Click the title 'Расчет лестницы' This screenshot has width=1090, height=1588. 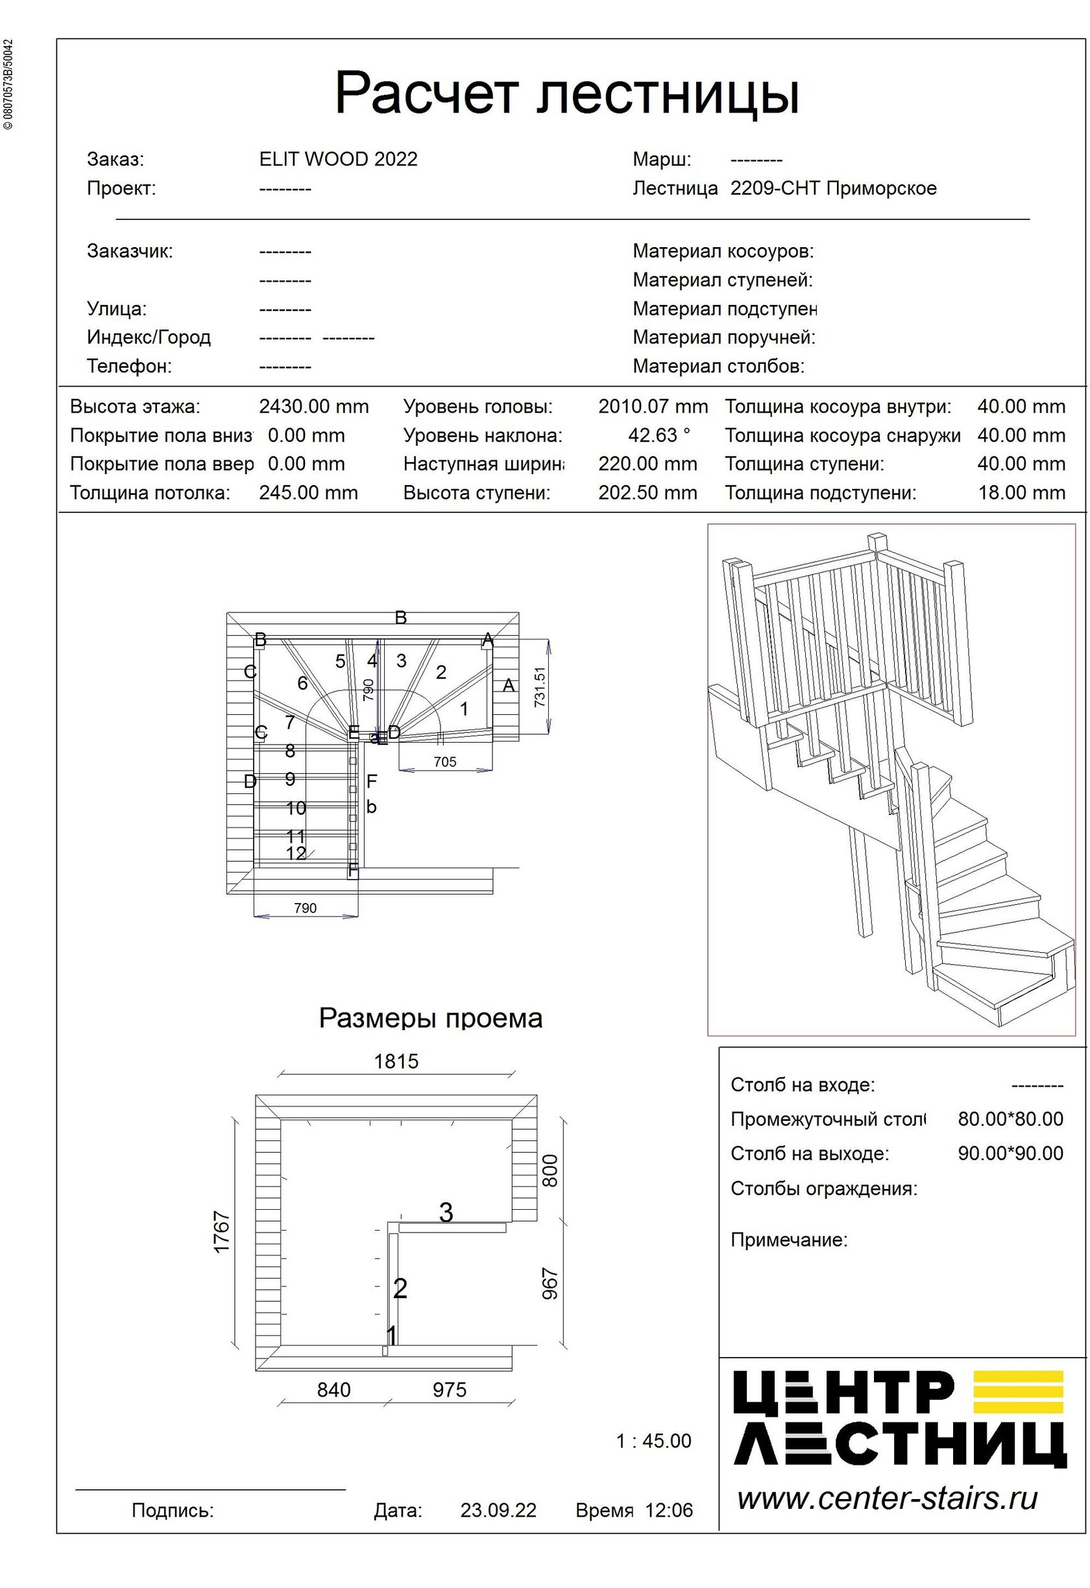click(x=566, y=93)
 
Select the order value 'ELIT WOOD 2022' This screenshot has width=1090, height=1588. click(x=338, y=159)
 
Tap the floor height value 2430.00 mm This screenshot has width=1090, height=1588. click(x=313, y=407)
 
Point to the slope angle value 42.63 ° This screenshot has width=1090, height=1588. click(x=659, y=435)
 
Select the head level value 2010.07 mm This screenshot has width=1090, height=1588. click(x=653, y=407)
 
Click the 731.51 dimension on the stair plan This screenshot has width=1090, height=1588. click(x=540, y=686)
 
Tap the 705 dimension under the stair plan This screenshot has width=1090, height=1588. click(x=445, y=762)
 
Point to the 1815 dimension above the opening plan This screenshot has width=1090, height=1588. click(x=396, y=1061)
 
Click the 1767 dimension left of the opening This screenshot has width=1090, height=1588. click(x=222, y=1232)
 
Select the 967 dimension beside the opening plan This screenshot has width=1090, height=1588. click(x=550, y=1284)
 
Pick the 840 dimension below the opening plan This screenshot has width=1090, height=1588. click(x=334, y=1390)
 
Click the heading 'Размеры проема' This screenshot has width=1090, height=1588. click(x=431, y=1019)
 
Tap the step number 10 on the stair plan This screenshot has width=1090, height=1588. click(x=296, y=808)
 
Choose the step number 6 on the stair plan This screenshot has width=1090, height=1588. click(x=303, y=683)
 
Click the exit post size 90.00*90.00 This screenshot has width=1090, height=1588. click(x=1011, y=1154)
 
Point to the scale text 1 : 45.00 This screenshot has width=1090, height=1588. click(x=654, y=1441)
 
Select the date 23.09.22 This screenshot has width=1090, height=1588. click(x=498, y=1510)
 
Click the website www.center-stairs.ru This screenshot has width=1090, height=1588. click(x=888, y=1498)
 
